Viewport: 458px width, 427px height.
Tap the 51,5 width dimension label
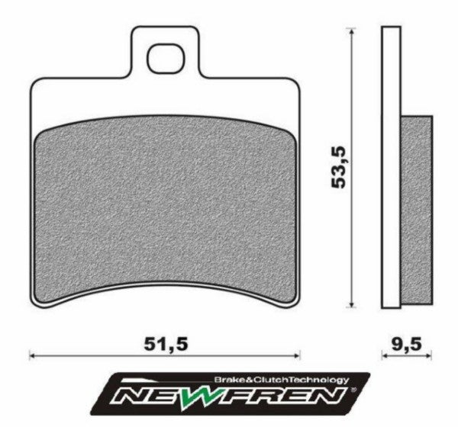[165, 345]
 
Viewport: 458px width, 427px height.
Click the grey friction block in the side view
[416, 206]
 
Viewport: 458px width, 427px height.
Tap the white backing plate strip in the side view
[390, 168]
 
